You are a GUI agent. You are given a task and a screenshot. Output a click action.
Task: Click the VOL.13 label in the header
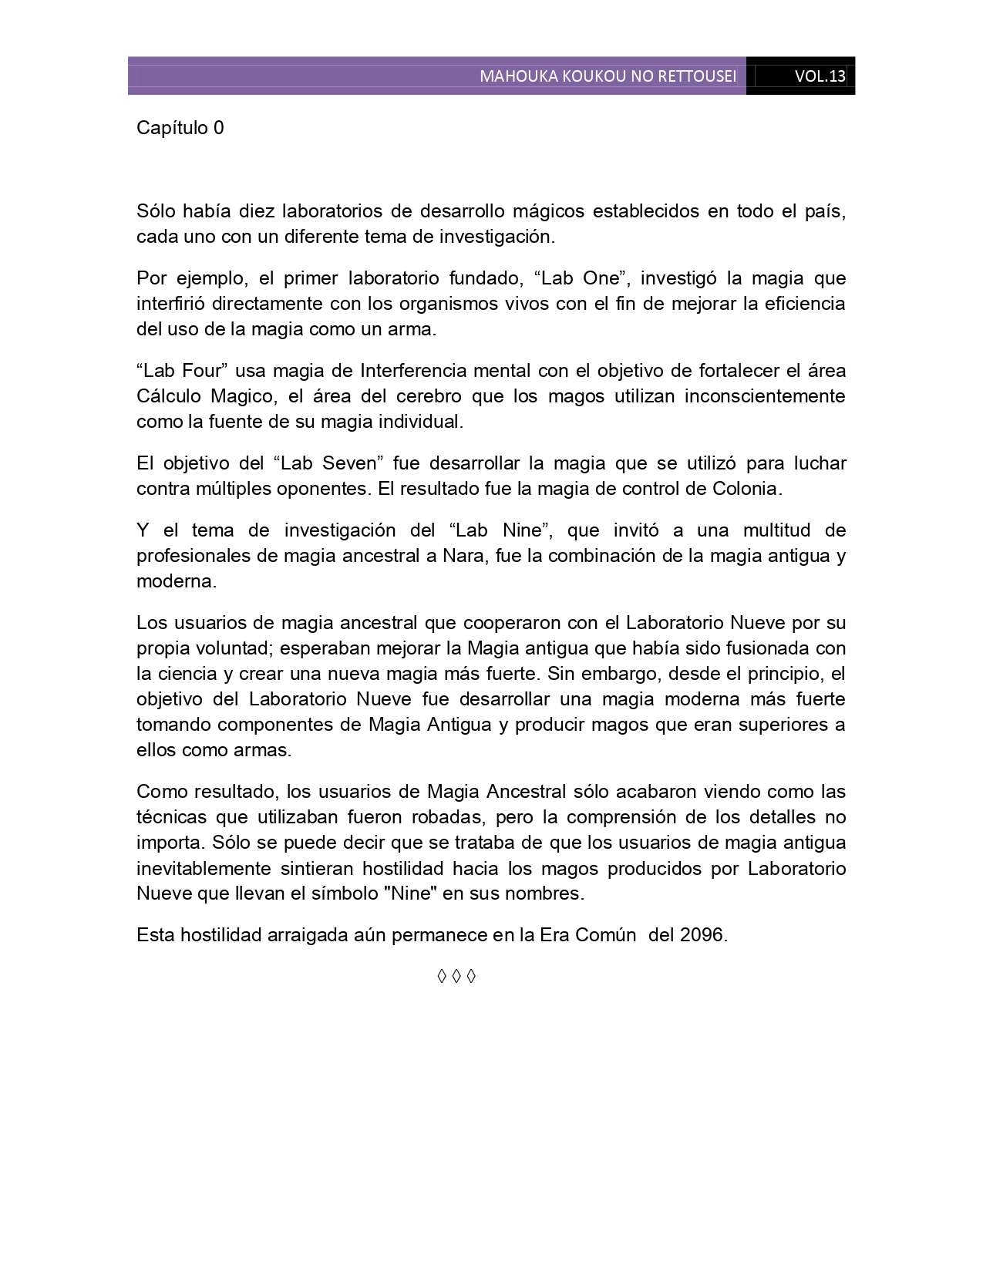click(x=820, y=76)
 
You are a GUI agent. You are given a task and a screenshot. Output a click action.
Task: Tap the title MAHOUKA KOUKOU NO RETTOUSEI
click(x=608, y=76)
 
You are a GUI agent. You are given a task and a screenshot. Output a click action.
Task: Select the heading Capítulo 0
click(x=180, y=127)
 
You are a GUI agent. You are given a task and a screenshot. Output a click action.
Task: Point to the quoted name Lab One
click(x=578, y=278)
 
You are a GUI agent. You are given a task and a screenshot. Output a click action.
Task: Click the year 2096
click(x=702, y=935)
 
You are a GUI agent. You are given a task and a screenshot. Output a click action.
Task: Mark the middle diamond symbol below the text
click(x=456, y=977)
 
